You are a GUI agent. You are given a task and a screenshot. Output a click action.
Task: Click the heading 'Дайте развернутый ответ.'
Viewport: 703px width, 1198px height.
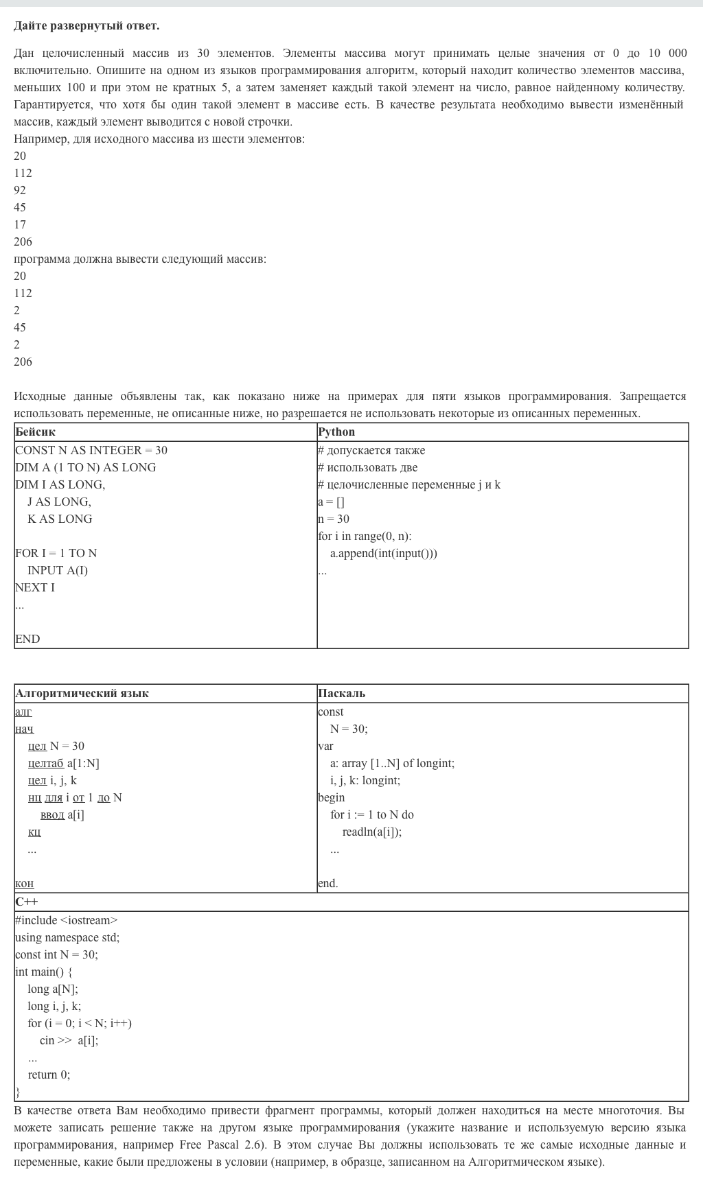point(87,26)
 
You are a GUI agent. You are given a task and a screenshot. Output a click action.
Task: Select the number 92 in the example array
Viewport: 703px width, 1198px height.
point(20,190)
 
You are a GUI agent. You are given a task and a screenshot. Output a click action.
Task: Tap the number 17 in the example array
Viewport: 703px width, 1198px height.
point(20,224)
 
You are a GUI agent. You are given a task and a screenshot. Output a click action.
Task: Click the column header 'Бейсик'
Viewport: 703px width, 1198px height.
point(35,432)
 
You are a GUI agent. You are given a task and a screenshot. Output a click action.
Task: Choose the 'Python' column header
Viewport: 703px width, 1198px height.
point(336,432)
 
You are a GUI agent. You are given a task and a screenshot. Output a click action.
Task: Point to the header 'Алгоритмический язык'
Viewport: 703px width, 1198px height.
point(82,693)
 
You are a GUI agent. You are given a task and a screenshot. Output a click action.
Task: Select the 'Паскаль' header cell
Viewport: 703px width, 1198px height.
point(341,693)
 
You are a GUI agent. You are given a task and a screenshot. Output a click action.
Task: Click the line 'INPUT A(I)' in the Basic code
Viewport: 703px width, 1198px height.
point(58,570)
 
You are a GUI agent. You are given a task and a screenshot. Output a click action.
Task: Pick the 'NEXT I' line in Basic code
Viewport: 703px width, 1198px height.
point(35,587)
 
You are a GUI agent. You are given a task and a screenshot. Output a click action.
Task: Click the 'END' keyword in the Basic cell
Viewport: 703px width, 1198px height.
point(27,639)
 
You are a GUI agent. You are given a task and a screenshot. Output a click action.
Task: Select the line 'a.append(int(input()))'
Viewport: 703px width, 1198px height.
point(383,553)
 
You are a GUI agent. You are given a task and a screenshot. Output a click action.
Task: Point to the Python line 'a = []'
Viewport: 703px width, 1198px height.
point(331,502)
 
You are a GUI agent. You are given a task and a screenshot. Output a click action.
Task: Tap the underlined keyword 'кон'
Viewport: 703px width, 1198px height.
point(24,883)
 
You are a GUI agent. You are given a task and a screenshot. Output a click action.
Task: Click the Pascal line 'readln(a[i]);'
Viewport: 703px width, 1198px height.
point(372,832)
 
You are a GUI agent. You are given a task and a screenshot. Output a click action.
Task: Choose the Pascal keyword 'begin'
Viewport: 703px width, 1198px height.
point(331,797)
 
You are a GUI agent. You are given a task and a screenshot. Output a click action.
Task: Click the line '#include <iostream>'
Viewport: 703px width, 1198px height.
point(66,920)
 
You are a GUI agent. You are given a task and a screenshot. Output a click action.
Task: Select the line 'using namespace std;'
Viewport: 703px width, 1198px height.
point(67,937)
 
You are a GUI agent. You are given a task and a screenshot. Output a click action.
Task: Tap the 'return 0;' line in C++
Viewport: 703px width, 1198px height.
point(49,1074)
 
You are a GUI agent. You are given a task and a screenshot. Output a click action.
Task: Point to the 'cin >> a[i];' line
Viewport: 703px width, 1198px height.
point(69,1040)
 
